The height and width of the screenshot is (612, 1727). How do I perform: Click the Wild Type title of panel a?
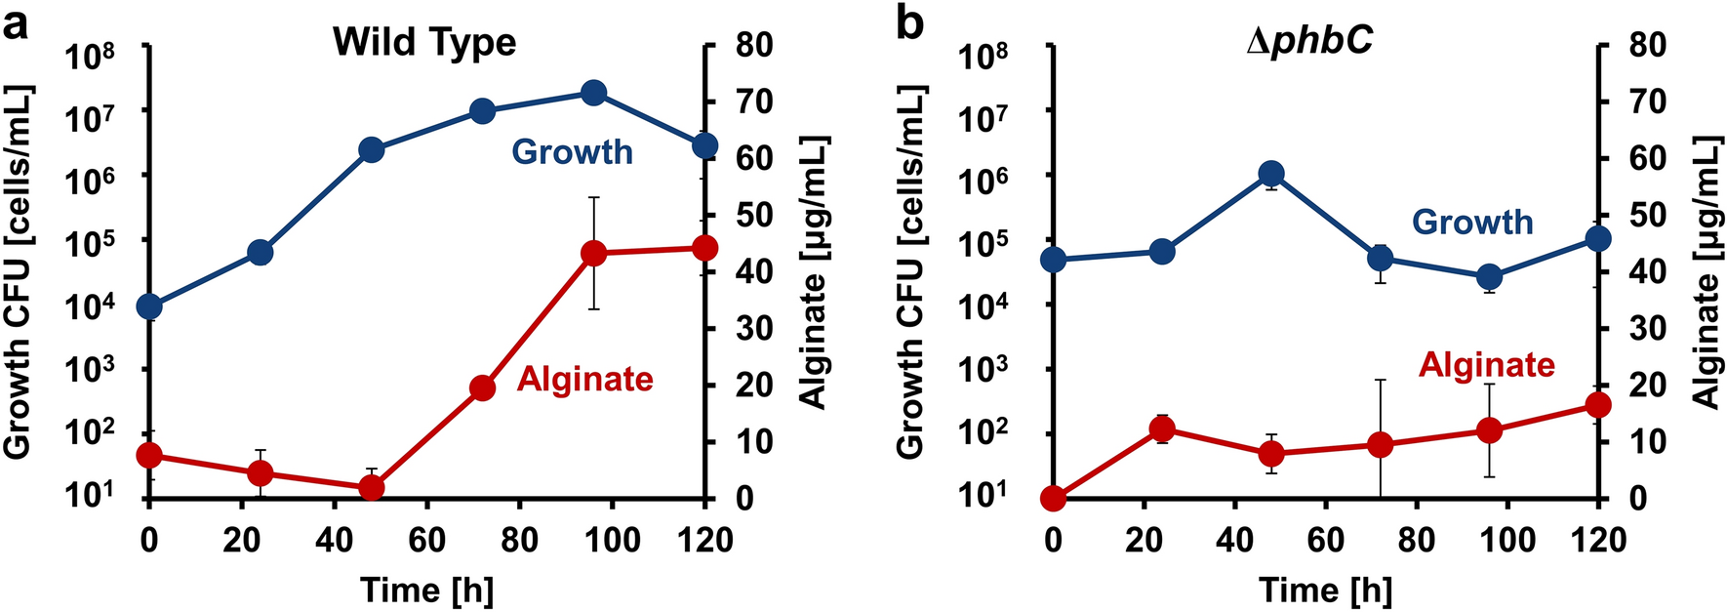424,43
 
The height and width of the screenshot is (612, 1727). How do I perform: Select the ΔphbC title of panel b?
1309,43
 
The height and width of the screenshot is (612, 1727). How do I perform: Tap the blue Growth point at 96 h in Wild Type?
593,93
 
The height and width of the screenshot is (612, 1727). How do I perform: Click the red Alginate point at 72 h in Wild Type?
482,388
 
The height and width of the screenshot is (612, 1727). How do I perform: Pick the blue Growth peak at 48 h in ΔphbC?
1270,175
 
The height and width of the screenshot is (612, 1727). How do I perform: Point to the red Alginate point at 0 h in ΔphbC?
1053,499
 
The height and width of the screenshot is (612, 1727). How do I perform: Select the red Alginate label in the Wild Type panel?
584,379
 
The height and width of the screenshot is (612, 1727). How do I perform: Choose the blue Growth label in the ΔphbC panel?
1471,223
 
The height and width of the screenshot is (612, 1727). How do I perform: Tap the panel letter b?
909,23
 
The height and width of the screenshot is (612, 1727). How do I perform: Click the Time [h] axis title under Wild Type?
426,590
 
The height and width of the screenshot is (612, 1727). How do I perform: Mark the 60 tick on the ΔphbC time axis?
1325,540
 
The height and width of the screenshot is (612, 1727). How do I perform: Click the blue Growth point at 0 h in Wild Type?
149,306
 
